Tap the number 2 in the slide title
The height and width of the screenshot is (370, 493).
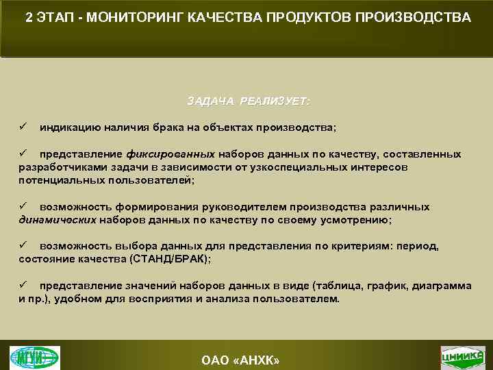pos(28,17)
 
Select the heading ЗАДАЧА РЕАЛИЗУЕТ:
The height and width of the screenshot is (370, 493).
pos(248,101)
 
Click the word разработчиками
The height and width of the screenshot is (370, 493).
pos(57,167)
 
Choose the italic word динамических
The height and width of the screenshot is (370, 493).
pos(58,220)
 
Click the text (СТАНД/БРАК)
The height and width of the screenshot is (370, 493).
pos(166,259)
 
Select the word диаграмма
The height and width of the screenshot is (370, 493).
pos(442,286)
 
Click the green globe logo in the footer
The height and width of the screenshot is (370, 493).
pos(34,357)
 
